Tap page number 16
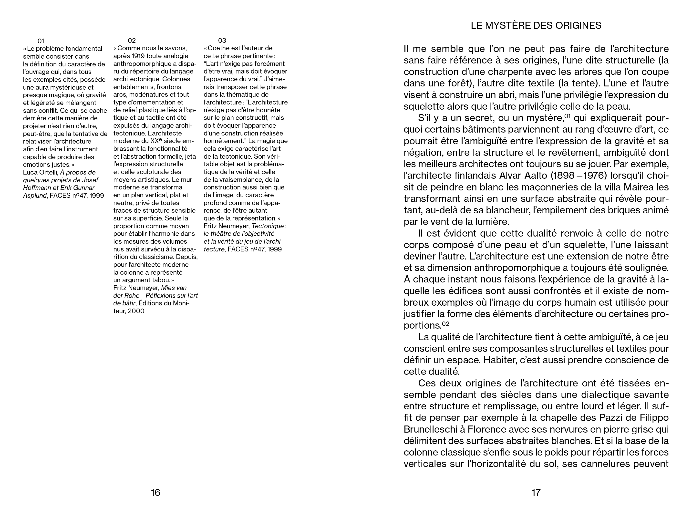155,493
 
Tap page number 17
536,493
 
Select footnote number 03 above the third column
222,40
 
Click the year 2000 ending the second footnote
136,311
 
